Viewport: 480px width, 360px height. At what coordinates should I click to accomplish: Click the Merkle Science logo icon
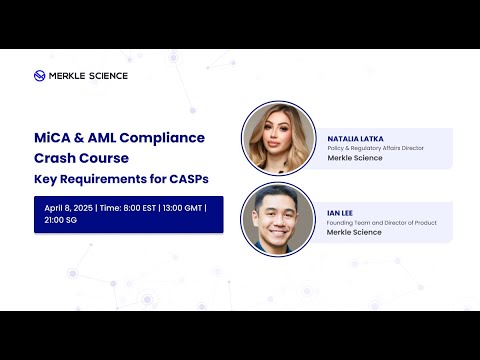coord(40,75)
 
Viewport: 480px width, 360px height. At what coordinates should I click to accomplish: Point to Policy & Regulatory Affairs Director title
coord(376,148)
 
